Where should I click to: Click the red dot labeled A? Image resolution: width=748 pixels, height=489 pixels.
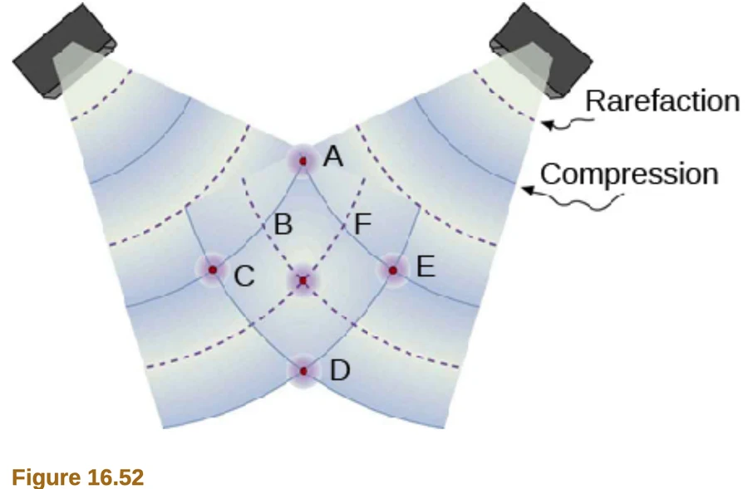tap(303, 161)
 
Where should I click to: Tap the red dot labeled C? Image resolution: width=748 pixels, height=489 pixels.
tap(213, 271)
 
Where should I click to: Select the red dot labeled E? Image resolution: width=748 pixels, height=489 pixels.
tap(392, 271)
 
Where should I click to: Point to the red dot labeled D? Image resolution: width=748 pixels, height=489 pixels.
tap(304, 371)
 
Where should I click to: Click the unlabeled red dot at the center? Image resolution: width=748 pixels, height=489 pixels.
tap(303, 281)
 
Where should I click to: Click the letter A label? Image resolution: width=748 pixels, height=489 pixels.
tap(333, 156)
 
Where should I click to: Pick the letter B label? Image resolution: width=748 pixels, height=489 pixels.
tap(283, 224)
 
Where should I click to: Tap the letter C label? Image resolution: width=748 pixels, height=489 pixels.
tap(244, 276)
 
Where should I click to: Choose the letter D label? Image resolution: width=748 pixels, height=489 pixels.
tap(340, 370)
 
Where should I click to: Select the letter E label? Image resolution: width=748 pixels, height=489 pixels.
tap(426, 267)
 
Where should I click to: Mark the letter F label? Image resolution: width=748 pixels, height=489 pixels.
tap(363, 223)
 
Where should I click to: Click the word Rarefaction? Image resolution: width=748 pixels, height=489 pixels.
tap(662, 101)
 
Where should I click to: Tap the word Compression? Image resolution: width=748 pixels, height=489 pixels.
tap(629, 174)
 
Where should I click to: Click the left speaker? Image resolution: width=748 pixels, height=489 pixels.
tap(64, 51)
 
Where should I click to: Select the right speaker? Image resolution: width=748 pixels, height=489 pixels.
tap(541, 51)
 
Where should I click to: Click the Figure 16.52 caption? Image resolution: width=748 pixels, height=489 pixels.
tap(78, 477)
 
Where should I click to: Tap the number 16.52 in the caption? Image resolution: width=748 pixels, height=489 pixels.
tap(116, 477)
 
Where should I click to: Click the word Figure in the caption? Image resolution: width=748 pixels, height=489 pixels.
tap(47, 477)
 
